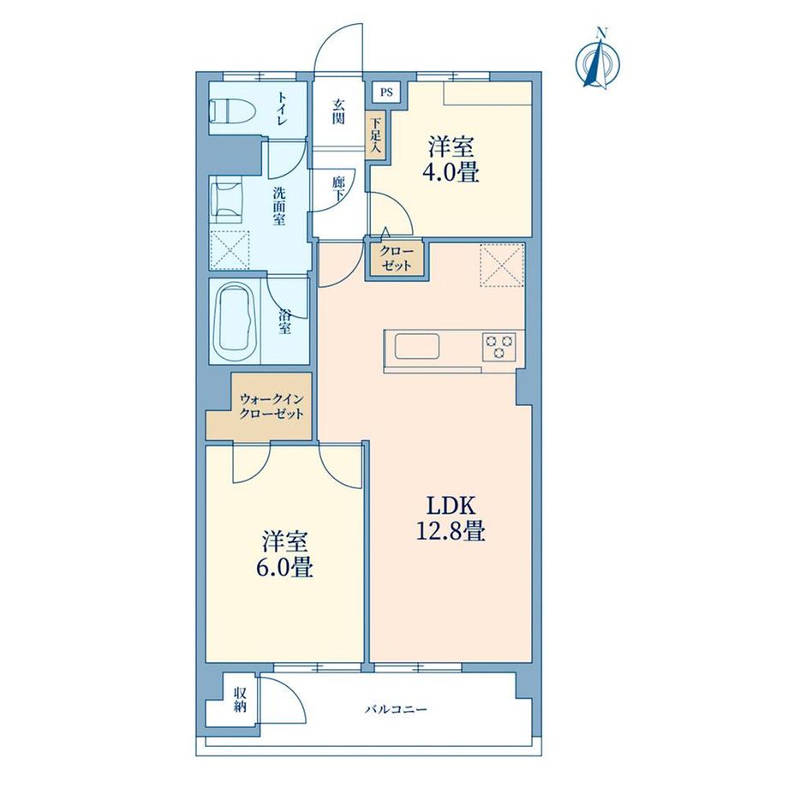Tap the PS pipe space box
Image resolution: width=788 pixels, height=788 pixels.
(386, 92)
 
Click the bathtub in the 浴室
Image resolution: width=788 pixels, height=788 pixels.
(236, 320)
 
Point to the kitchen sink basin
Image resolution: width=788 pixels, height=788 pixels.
(416, 346)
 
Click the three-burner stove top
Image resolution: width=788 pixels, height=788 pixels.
(498, 347)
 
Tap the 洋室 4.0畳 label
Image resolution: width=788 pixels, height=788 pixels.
(451, 159)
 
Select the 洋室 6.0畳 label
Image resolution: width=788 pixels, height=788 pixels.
(284, 554)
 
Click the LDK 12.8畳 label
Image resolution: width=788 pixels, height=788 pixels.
(451, 517)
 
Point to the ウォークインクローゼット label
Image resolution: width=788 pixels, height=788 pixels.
(272, 406)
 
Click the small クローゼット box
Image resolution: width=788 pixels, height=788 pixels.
(397, 259)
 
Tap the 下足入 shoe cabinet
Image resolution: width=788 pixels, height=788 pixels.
(375, 135)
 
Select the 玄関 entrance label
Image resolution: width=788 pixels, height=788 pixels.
(338, 112)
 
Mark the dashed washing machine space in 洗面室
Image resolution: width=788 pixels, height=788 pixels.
(230, 250)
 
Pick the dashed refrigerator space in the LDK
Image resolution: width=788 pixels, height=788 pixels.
(503, 265)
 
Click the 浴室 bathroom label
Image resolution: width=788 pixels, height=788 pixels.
(284, 322)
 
